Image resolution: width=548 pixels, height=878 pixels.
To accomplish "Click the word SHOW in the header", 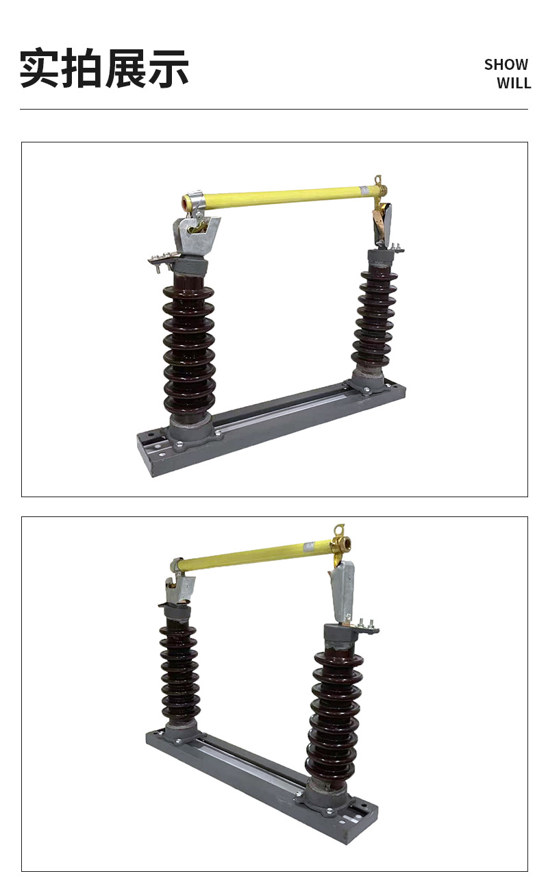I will point(506,64).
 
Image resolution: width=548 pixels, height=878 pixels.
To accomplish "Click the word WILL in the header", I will point(513,84).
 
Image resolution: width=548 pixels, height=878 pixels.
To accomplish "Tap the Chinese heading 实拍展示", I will point(104,68).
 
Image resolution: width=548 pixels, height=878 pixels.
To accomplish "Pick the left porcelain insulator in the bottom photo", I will point(179,675).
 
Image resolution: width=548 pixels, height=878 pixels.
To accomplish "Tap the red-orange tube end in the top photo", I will point(186,203).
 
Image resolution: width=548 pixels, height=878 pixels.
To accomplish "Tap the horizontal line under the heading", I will point(274,110).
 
